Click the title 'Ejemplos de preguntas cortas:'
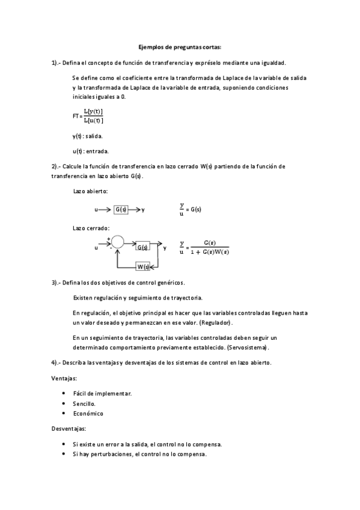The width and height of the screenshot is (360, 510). [x=180, y=47]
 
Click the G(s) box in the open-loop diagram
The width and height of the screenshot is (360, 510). [x=121, y=209]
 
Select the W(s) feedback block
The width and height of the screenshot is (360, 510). [x=143, y=266]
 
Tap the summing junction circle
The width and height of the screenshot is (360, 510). [x=117, y=243]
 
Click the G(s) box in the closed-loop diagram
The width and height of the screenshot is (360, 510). [x=142, y=247]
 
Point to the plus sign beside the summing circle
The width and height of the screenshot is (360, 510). [x=108, y=238]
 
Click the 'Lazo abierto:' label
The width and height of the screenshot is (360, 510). [x=90, y=191]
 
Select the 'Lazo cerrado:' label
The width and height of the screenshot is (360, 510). [x=91, y=229]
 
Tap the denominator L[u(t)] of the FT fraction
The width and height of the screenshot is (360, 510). [x=94, y=120]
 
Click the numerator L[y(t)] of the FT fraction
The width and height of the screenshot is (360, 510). [x=94, y=111]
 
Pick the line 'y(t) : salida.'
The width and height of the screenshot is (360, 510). [x=88, y=136]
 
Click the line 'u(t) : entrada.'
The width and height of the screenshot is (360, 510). [x=90, y=151]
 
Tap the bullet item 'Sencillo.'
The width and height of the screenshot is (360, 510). [x=84, y=404]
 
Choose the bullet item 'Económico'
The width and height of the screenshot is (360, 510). [x=88, y=414]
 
